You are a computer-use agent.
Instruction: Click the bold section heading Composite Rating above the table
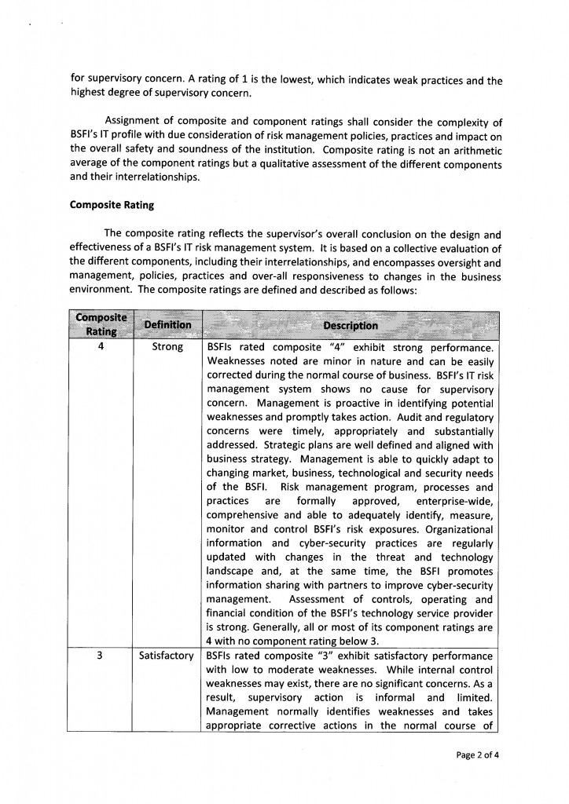pos(112,206)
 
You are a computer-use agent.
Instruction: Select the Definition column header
pos(167,324)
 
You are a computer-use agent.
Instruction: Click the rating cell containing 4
pos(101,346)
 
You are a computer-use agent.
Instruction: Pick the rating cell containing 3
pos(101,656)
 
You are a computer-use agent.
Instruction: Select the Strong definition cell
pos(167,346)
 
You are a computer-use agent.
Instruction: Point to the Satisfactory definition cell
pos(167,656)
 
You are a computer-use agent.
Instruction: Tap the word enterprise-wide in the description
pos(453,502)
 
